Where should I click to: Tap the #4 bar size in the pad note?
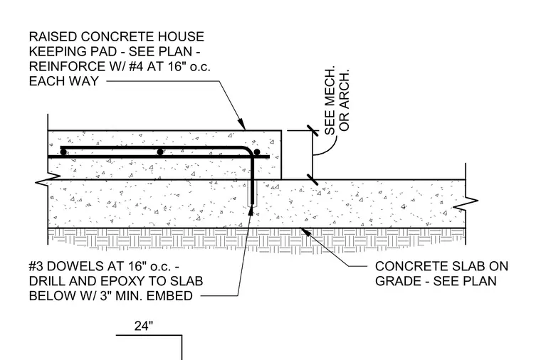(x=133, y=66)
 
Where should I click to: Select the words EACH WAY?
(x=64, y=81)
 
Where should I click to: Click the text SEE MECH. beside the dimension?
(x=330, y=100)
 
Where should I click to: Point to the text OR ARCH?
(x=345, y=100)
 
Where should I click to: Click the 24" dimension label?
(x=144, y=326)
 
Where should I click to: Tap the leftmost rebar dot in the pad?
(x=63, y=152)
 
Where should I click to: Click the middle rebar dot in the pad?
(x=160, y=152)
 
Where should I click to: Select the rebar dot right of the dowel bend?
(x=257, y=152)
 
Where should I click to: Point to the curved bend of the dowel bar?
(x=249, y=150)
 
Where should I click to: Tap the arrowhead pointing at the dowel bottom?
(x=251, y=211)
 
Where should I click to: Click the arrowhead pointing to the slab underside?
(x=306, y=233)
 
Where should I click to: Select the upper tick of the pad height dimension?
(x=312, y=131)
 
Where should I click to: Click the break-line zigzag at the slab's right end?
(x=466, y=203)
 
